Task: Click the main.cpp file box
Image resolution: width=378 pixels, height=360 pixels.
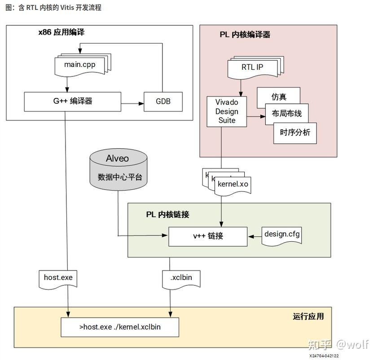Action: pyautogui.click(x=80, y=65)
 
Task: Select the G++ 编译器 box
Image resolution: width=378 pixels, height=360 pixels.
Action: pyautogui.click(x=72, y=102)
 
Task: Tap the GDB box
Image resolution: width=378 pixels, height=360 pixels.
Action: pyautogui.click(x=163, y=102)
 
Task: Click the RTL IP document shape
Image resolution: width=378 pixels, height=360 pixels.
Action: pyautogui.click(x=252, y=67)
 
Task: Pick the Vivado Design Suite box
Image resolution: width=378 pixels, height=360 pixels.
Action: pyautogui.click(x=227, y=111)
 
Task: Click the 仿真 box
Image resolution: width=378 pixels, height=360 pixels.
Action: pyautogui.click(x=278, y=97)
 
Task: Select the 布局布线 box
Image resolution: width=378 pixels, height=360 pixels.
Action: pyautogui.click(x=287, y=114)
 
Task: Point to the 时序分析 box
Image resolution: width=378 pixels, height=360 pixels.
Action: pyautogui.click(x=295, y=133)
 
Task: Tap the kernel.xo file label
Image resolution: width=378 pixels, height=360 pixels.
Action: pyautogui.click(x=233, y=184)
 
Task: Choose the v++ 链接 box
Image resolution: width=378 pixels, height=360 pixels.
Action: pyautogui.click(x=207, y=236)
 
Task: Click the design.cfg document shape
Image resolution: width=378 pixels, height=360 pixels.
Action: pyautogui.click(x=282, y=234)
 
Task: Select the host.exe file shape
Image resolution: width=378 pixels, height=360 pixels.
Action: pyautogui.click(x=58, y=278)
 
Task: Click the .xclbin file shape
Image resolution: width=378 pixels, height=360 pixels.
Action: pyautogui.click(x=181, y=278)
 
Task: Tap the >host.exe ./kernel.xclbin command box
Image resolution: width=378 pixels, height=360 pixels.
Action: pyautogui.click(x=119, y=327)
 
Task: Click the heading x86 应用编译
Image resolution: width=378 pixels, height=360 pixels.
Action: pyautogui.click(x=62, y=32)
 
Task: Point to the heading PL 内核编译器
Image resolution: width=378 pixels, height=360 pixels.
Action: pyautogui.click(x=245, y=35)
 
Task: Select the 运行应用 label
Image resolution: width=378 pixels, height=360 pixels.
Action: pyautogui.click(x=308, y=316)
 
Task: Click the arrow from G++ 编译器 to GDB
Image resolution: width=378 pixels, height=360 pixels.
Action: pyautogui.click(x=132, y=104)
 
